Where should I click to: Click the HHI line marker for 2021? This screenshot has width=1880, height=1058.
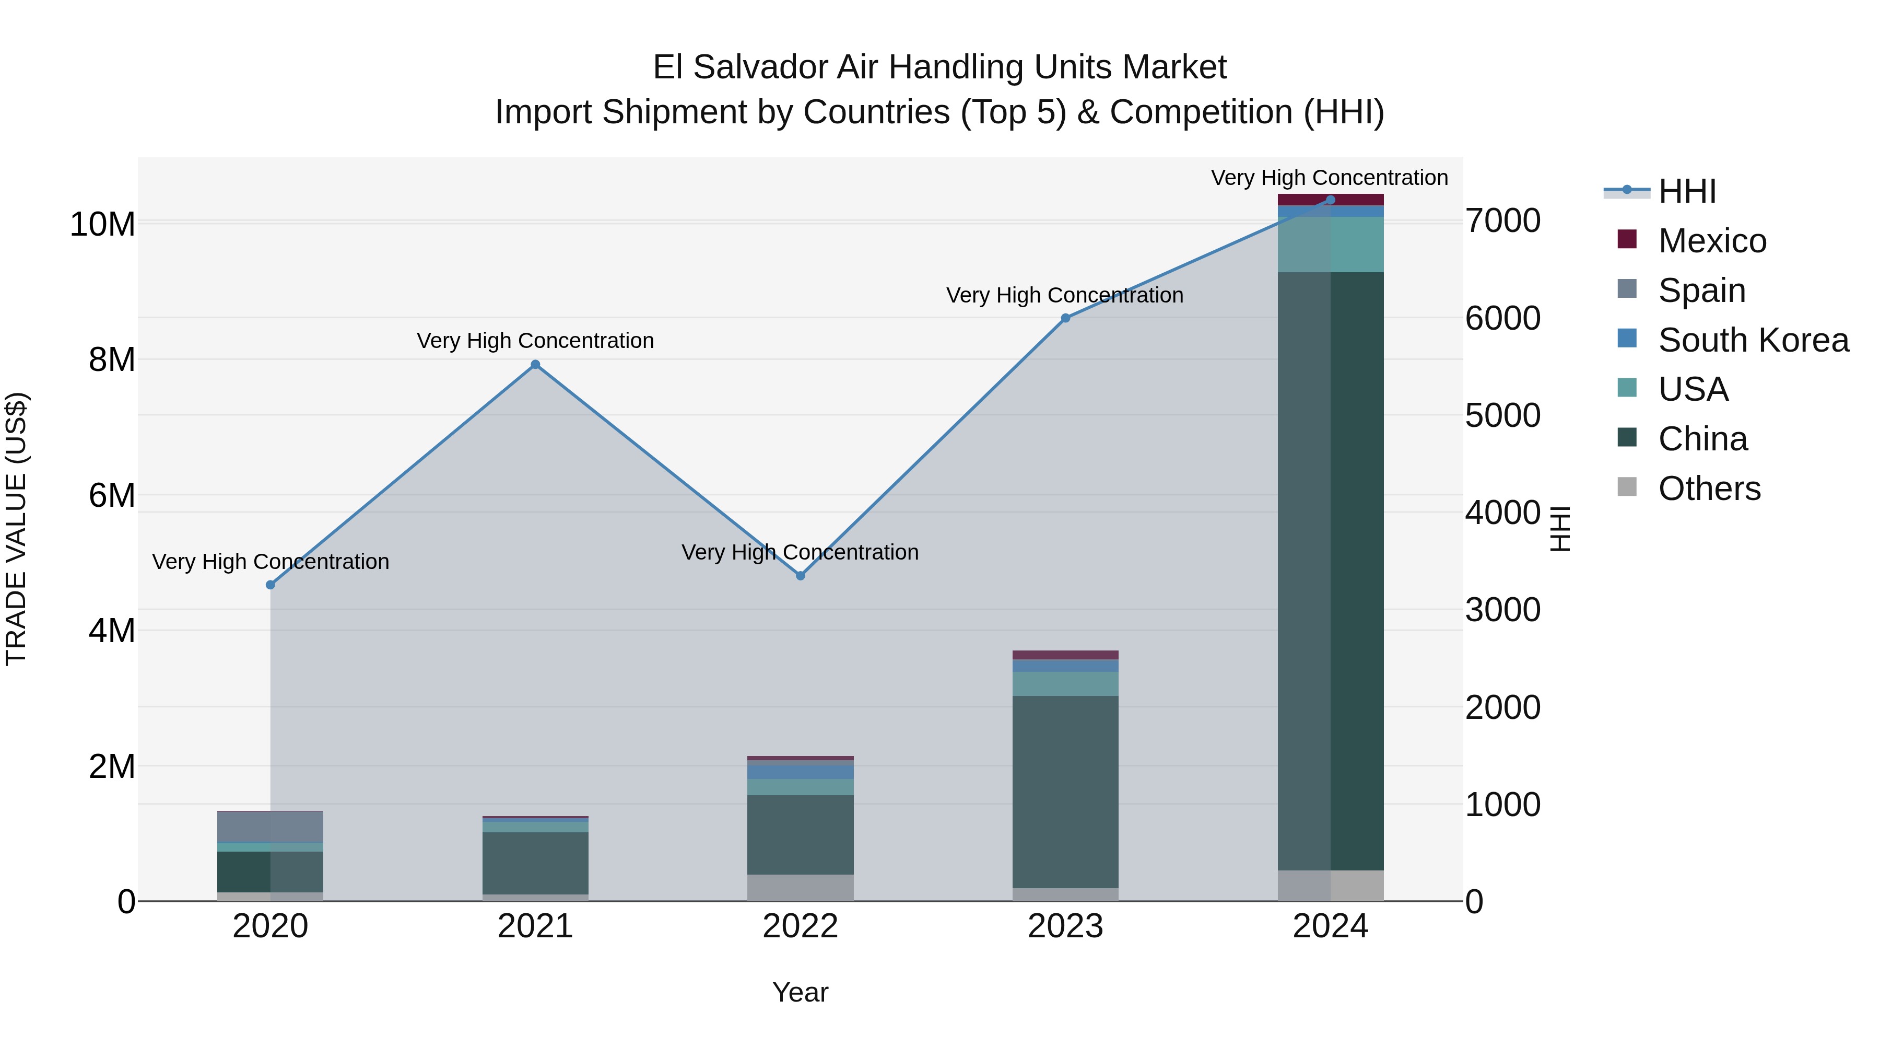click(535, 364)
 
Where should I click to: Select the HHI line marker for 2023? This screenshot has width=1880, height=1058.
click(1065, 318)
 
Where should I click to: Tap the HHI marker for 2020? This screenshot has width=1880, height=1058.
click(271, 585)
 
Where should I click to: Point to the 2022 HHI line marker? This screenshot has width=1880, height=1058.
click(800, 575)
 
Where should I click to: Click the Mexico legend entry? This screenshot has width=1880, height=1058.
click(1711, 241)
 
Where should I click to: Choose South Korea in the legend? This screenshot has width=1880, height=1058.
click(1752, 340)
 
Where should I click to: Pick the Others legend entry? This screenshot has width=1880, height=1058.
click(1709, 489)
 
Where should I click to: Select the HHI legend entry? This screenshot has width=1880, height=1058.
click(1687, 191)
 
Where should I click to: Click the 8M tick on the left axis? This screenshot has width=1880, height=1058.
click(112, 360)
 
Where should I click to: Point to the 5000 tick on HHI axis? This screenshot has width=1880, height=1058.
click(1502, 415)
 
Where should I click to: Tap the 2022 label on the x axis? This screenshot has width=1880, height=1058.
click(800, 926)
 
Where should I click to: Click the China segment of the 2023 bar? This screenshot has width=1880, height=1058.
click(1065, 792)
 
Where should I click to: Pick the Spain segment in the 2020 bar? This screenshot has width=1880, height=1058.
click(271, 827)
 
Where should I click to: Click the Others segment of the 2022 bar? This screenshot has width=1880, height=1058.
click(800, 887)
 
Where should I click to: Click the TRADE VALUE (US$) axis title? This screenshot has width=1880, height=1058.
click(16, 529)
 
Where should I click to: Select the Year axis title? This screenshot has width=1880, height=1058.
click(800, 992)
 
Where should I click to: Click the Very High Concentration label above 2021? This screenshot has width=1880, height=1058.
click(535, 341)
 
